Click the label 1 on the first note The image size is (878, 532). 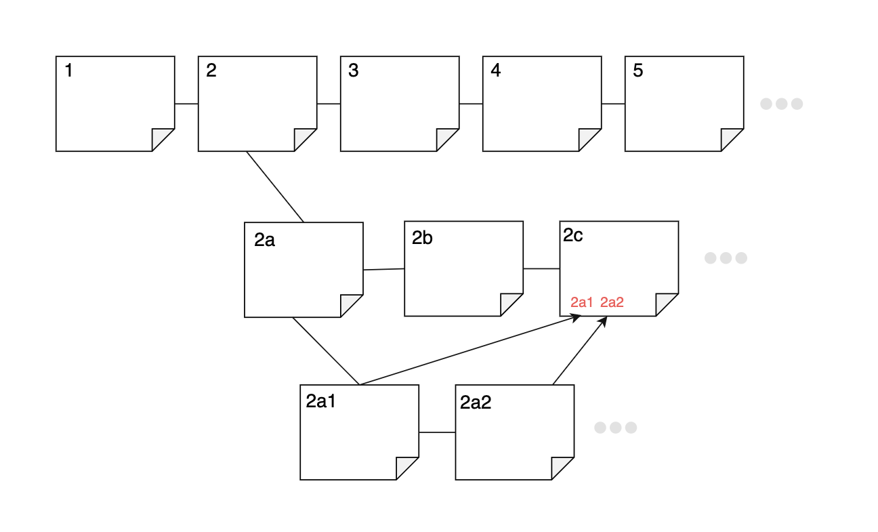click(x=68, y=70)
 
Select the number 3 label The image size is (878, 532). click(x=353, y=70)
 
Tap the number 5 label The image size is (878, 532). click(x=637, y=70)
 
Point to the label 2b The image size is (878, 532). click(x=422, y=238)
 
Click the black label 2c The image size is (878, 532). click(x=573, y=234)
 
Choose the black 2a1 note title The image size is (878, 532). click(x=321, y=401)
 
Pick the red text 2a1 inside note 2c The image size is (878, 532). click(x=582, y=302)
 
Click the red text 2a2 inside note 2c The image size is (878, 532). click(x=612, y=302)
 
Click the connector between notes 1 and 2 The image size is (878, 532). click(x=186, y=104)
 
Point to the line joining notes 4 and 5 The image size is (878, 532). click(x=613, y=104)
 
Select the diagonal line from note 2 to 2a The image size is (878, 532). click(x=275, y=186)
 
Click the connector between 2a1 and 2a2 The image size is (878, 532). click(x=437, y=432)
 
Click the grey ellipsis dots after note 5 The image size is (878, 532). click(x=781, y=104)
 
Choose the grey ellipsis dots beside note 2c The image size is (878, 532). click(x=726, y=258)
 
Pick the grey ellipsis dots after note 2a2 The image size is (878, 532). click(x=615, y=428)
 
